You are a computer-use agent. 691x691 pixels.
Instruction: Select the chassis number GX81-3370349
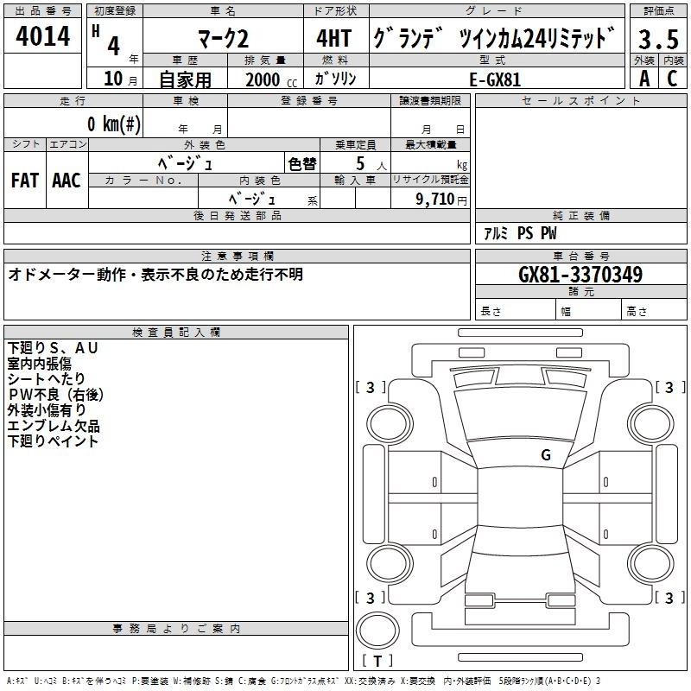click(580, 275)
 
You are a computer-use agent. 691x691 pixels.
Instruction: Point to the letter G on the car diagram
click(546, 454)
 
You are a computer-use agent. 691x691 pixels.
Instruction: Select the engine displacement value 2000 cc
click(269, 79)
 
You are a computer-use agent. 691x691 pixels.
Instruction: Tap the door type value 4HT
click(334, 39)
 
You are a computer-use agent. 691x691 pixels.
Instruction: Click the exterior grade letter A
click(644, 79)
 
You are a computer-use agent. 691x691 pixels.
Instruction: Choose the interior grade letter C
click(672, 79)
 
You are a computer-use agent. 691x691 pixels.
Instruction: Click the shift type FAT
click(24, 181)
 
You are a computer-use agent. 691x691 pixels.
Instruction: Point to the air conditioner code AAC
click(67, 181)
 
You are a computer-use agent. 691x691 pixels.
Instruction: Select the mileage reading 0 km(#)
click(113, 124)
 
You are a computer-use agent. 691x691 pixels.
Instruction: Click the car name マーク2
click(223, 39)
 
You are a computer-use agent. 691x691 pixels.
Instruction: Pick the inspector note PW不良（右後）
click(55, 395)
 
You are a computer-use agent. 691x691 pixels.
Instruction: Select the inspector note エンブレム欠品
click(54, 426)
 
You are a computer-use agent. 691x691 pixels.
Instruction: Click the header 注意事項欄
click(237, 257)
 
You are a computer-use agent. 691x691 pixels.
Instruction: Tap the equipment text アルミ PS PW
click(520, 233)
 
